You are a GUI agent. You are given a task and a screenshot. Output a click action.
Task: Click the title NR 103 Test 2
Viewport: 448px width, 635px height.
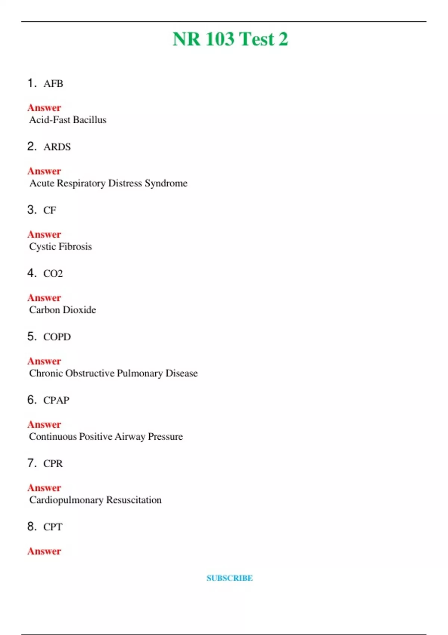pyautogui.click(x=230, y=39)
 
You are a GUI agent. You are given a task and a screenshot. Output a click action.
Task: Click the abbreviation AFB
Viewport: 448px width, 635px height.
pyautogui.click(x=53, y=84)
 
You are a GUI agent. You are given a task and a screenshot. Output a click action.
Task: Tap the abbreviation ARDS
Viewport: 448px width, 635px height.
pyautogui.click(x=57, y=147)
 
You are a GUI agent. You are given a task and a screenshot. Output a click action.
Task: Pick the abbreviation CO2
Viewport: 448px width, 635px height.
pyautogui.click(x=53, y=274)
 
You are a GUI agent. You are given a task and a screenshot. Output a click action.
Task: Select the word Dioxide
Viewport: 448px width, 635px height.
pyautogui.click(x=79, y=310)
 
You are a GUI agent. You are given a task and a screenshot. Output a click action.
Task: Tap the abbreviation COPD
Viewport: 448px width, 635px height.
pyautogui.click(x=57, y=337)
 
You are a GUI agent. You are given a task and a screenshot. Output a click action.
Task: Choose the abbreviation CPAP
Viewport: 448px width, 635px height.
pyautogui.click(x=56, y=400)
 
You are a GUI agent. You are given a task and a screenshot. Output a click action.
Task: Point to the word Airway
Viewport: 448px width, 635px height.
pyautogui.click(x=130, y=437)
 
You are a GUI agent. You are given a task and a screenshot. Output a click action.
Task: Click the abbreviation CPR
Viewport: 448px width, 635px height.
pyautogui.click(x=53, y=464)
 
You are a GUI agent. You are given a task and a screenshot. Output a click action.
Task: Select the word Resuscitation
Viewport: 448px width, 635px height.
pyautogui.click(x=134, y=500)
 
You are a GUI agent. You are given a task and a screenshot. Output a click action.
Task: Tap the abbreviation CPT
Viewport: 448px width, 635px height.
pyautogui.click(x=53, y=527)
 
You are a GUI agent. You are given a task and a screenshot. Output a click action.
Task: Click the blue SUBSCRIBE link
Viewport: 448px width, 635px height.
pyautogui.click(x=230, y=578)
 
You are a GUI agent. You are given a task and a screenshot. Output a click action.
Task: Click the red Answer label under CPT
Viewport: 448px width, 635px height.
pyautogui.click(x=44, y=551)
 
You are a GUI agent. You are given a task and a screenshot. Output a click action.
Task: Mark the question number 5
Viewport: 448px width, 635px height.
pyautogui.click(x=32, y=337)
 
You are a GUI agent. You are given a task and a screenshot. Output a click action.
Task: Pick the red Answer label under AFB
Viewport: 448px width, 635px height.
pyautogui.click(x=44, y=108)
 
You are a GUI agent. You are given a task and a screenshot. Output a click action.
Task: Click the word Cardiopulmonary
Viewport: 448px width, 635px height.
pyautogui.click(x=66, y=500)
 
